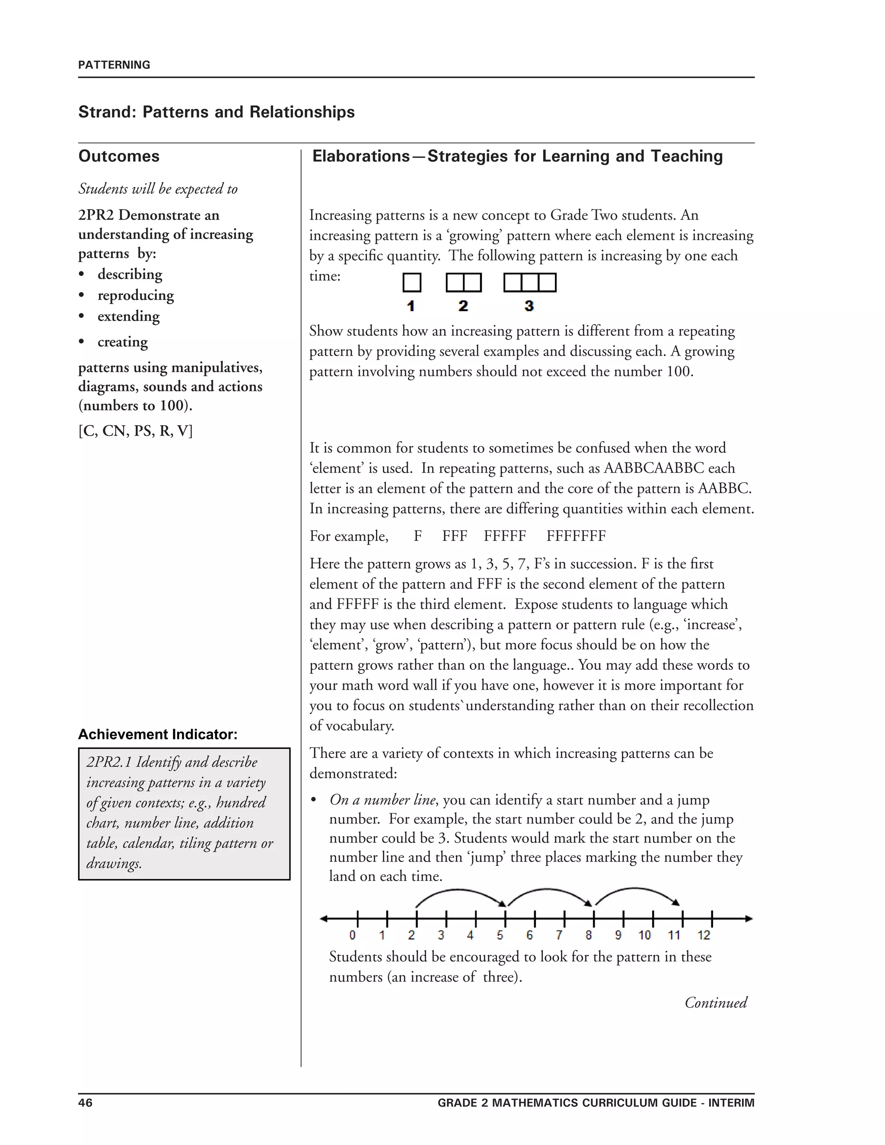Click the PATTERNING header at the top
coord(114,65)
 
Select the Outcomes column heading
coord(119,156)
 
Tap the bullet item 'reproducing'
coord(135,295)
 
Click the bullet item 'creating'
coord(122,342)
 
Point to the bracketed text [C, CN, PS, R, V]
coord(135,431)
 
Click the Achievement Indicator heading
coord(158,734)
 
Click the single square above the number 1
coord(411,283)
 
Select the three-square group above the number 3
coord(529,283)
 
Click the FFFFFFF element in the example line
coord(576,536)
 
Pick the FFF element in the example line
coord(455,536)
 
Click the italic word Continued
coord(716,1002)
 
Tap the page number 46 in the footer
coord(86,1103)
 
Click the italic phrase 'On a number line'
coord(382,800)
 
